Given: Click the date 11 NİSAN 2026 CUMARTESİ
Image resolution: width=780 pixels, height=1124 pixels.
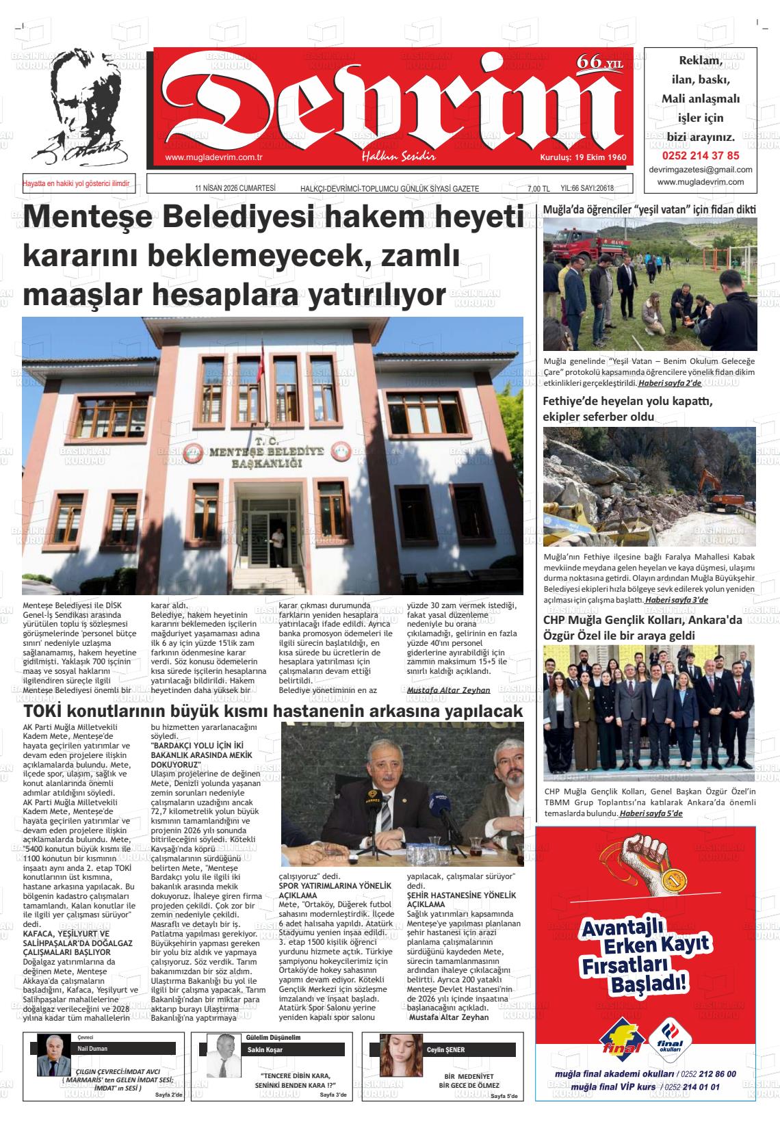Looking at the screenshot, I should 235,189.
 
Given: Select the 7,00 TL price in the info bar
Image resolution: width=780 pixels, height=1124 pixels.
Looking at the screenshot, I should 538,189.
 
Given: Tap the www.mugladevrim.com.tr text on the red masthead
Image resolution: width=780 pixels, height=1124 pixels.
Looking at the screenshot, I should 214,158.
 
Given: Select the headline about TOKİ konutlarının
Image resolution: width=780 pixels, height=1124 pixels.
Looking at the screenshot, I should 272,712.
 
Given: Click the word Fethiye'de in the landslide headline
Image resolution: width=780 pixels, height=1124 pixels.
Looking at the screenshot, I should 573,401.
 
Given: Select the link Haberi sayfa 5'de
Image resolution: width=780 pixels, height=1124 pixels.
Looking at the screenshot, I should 651,813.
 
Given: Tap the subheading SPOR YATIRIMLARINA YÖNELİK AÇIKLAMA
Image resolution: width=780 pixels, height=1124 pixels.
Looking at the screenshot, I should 335,890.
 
